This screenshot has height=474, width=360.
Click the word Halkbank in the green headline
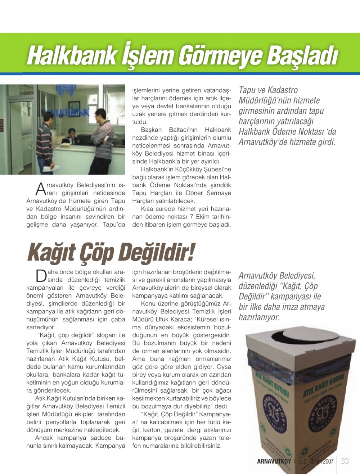72,56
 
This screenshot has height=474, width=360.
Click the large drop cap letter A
41,189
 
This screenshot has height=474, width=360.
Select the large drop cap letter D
41,276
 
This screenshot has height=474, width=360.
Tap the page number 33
345,461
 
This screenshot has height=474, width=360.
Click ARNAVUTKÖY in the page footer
274,461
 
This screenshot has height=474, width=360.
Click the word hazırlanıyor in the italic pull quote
259,317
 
